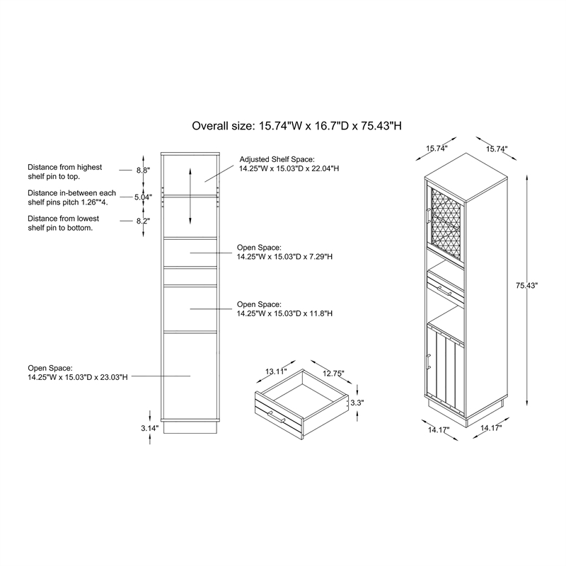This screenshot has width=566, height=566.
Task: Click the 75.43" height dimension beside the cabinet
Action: [x=526, y=286]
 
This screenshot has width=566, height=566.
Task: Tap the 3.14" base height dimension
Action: [x=150, y=429]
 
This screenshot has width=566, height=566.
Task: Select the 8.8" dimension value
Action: [x=143, y=170]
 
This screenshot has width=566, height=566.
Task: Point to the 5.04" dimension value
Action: [x=144, y=197]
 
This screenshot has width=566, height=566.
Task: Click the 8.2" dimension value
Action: [x=143, y=221]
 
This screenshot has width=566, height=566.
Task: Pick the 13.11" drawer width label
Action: [x=276, y=371]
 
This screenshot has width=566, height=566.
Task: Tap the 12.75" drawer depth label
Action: [x=333, y=374]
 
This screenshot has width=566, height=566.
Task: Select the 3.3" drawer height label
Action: [x=357, y=403]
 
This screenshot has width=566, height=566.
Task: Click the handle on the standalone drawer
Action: [x=276, y=417]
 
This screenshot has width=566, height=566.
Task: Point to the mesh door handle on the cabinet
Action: [x=427, y=216]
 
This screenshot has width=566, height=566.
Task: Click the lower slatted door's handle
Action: [x=428, y=362]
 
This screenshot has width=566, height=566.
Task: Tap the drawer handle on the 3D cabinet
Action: [x=444, y=291]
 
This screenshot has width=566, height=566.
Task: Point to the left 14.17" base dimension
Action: [x=439, y=430]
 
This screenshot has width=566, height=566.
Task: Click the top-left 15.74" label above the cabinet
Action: [x=437, y=149]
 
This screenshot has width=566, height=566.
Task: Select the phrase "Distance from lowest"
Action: [x=63, y=219]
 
